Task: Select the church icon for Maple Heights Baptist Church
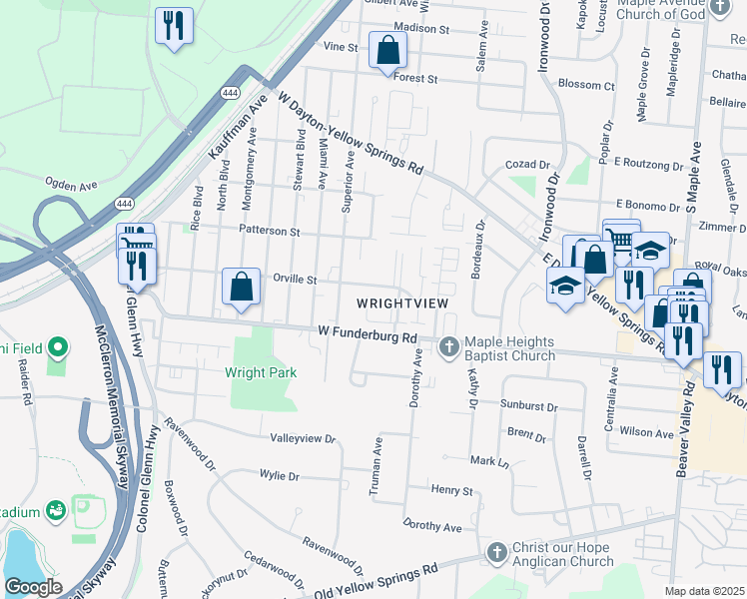(x=449, y=346)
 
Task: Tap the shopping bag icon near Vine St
(x=386, y=50)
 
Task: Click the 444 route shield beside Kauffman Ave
(x=230, y=92)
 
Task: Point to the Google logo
(x=33, y=587)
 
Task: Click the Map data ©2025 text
(x=704, y=591)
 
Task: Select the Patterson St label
(x=269, y=231)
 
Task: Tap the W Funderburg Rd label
(x=367, y=333)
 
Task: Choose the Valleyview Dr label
(x=303, y=438)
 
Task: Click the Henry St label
(x=451, y=490)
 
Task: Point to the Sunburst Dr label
(x=527, y=406)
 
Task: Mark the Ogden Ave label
(x=70, y=184)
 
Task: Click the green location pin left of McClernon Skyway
(x=58, y=347)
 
